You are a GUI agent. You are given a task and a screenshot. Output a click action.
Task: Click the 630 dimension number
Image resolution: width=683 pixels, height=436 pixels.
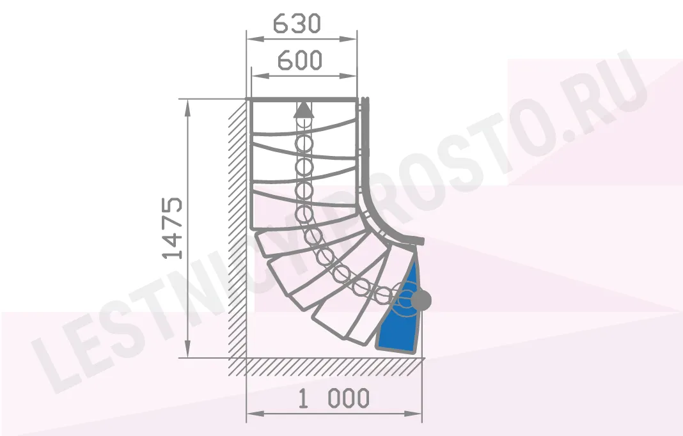pos(297,24)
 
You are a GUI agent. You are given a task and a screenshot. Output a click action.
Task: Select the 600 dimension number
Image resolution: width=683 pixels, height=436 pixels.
pos(300,60)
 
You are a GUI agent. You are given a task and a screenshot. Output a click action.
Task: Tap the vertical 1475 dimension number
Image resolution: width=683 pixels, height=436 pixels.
pos(173,228)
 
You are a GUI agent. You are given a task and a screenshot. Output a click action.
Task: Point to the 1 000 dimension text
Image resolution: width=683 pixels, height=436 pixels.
pos(334,398)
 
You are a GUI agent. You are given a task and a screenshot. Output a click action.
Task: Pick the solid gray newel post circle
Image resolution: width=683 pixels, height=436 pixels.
pos(421,300)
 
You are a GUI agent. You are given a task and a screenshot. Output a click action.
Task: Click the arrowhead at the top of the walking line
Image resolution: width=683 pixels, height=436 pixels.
pos(304,110)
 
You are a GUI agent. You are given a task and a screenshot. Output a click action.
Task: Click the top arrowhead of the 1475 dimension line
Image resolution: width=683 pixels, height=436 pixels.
pos(188,108)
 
